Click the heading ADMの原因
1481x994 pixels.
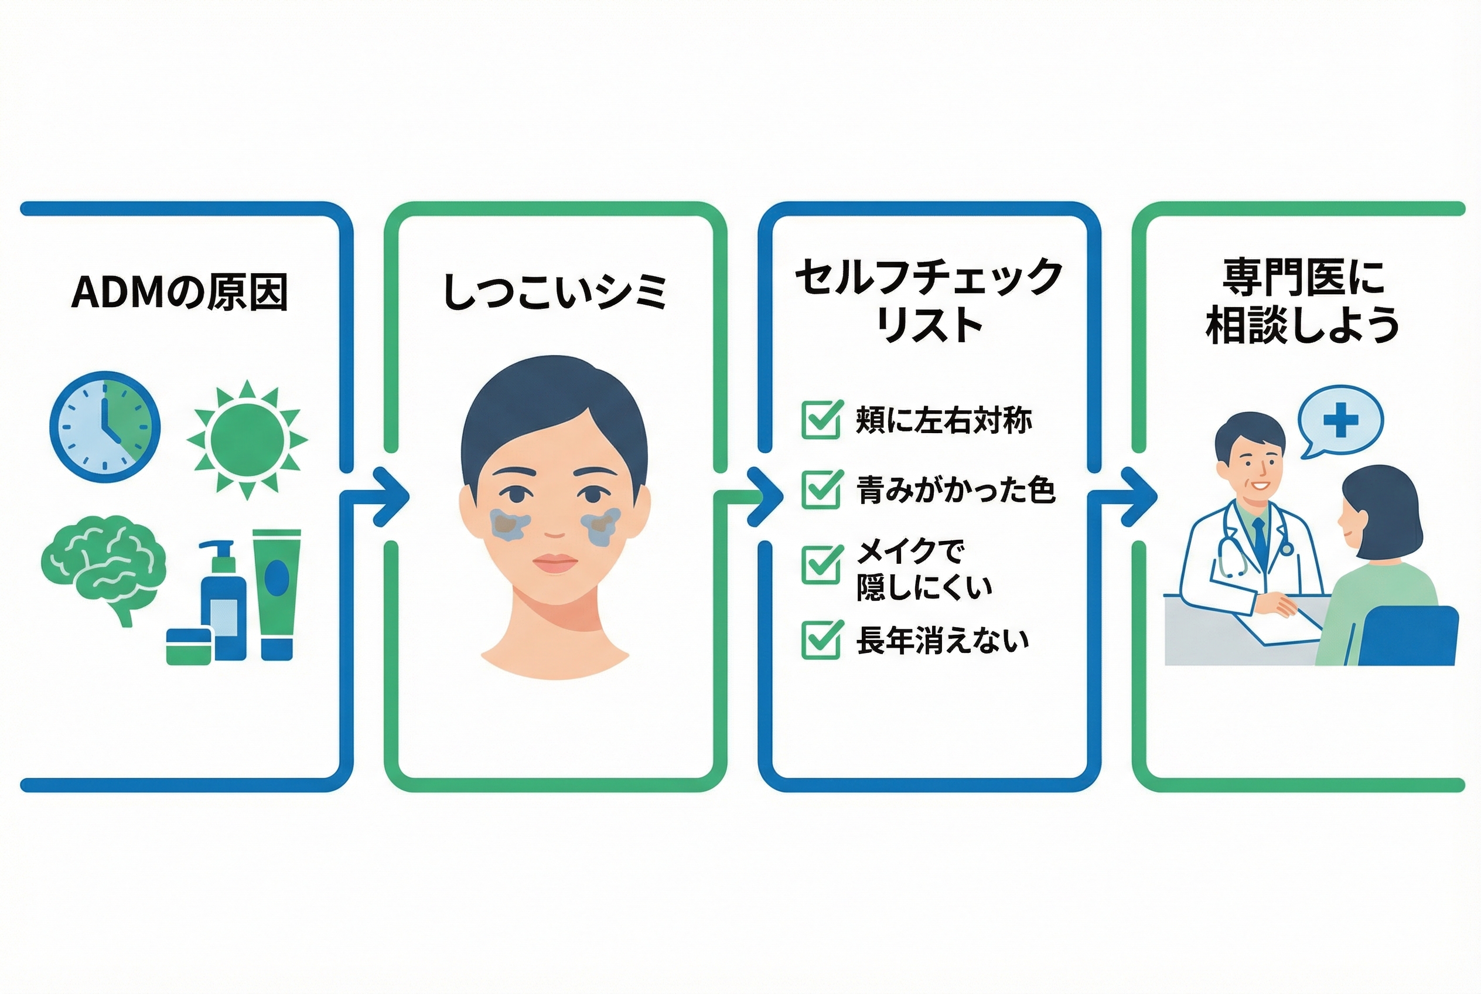[x=179, y=292]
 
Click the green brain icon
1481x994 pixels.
[x=103, y=565]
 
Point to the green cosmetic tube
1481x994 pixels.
[x=277, y=593]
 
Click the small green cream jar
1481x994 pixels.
[x=188, y=645]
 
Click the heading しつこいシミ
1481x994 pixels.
[x=555, y=292]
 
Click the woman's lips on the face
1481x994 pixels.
[x=555, y=564]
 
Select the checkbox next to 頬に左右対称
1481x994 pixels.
[x=821, y=420]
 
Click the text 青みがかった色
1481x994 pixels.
[x=955, y=490]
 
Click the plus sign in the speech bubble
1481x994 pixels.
[x=1340, y=420]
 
